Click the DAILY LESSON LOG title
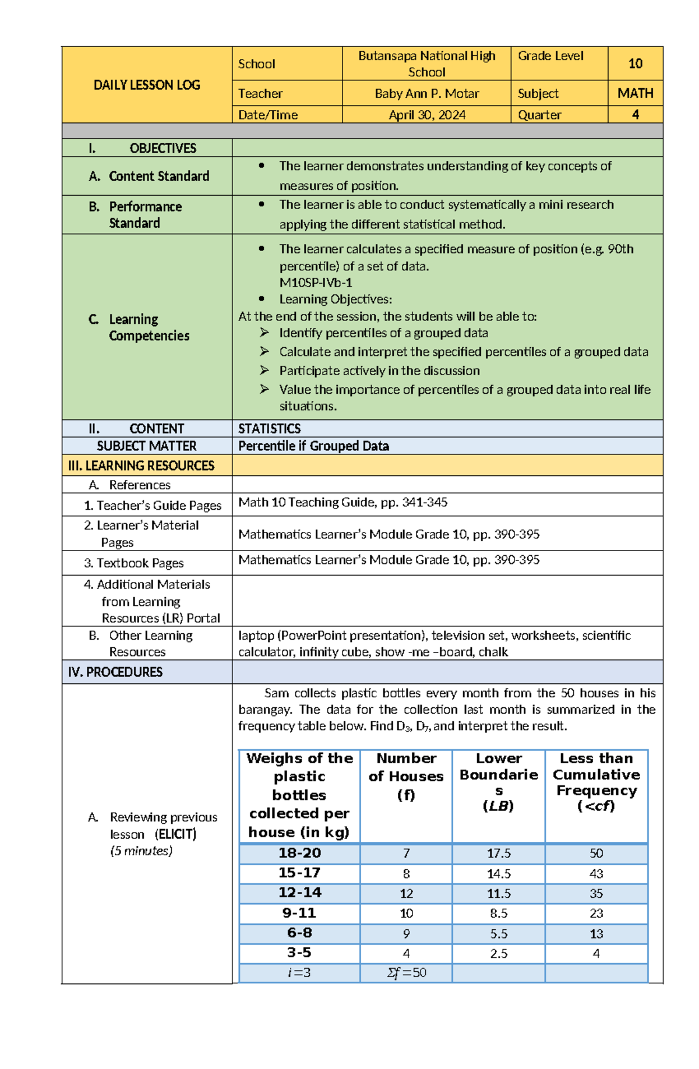pyautogui.click(x=147, y=85)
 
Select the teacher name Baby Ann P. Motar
pyautogui.click(x=426, y=93)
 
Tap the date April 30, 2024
pyautogui.click(x=426, y=115)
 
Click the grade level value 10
pyautogui.click(x=635, y=63)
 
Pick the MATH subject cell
pyautogui.click(x=635, y=93)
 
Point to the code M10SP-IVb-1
pyautogui.click(x=316, y=283)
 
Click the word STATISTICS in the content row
pyautogui.click(x=269, y=429)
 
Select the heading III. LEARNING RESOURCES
pyautogui.click(x=141, y=465)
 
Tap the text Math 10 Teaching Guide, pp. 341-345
pyautogui.click(x=343, y=502)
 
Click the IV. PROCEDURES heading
pyautogui.click(x=115, y=672)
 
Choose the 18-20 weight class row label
pyautogui.click(x=299, y=853)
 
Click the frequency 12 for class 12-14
pyautogui.click(x=406, y=893)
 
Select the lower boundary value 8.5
pyautogui.click(x=499, y=913)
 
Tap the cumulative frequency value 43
pyautogui.click(x=596, y=874)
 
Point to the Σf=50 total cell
pyautogui.click(x=406, y=973)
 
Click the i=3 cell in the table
pyautogui.click(x=299, y=973)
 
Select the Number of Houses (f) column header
pyautogui.click(x=406, y=777)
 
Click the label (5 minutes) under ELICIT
pyautogui.click(x=141, y=851)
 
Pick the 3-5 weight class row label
pyautogui.click(x=299, y=953)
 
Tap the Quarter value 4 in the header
pyautogui.click(x=635, y=115)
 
